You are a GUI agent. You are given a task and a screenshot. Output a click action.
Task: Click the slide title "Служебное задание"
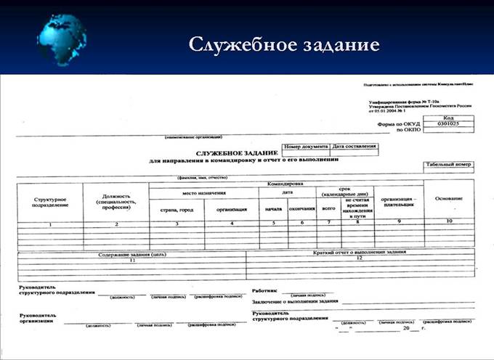click(x=284, y=44)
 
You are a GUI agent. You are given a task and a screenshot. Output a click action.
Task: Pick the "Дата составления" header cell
click(x=355, y=146)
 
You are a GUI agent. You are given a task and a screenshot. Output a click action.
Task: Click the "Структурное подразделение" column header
click(x=51, y=202)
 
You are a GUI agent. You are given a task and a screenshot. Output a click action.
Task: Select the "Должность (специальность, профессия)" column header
click(x=116, y=200)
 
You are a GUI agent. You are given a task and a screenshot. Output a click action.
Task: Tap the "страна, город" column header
click(x=177, y=209)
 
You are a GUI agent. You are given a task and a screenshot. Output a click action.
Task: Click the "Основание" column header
click(x=448, y=199)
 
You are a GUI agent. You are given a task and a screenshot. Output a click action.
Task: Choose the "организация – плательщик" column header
click(x=398, y=202)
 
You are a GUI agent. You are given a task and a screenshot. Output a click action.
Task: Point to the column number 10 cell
click(x=448, y=221)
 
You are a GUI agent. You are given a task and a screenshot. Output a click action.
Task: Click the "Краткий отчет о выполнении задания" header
click(x=359, y=253)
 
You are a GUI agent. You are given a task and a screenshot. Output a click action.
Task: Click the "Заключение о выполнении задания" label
click(x=295, y=300)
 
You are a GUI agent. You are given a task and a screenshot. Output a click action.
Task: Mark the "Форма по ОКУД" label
click(x=397, y=124)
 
